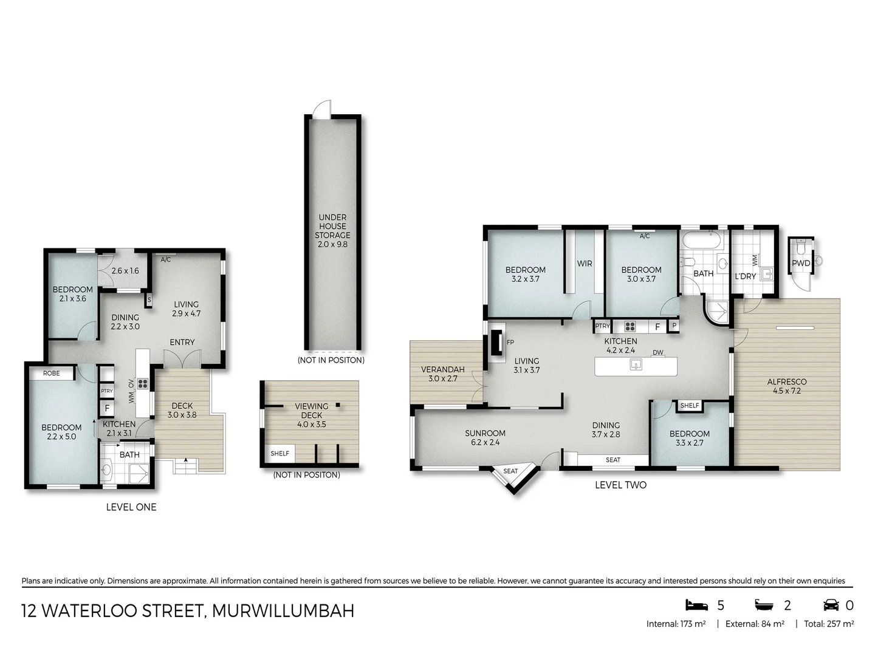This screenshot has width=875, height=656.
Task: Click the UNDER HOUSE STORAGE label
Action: point(332,231)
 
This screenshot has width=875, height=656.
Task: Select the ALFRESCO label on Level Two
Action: point(786,386)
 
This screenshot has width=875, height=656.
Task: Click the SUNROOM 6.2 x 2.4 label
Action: point(485,437)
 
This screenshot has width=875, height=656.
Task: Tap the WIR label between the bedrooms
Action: point(585,264)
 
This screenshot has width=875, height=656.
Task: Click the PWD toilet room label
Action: point(801,263)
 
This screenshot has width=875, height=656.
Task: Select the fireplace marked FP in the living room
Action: point(497,342)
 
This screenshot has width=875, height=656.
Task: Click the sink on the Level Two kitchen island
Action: point(636,364)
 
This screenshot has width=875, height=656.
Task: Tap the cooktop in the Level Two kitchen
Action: point(630,326)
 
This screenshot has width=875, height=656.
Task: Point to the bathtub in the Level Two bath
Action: point(701,240)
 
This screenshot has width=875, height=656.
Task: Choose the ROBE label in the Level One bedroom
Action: point(52,373)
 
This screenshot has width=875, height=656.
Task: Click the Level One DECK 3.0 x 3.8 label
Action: point(182,411)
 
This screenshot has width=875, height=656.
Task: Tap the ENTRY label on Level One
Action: point(182,343)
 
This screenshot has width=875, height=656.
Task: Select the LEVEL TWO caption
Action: point(620,485)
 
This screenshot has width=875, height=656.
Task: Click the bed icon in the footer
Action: point(697,605)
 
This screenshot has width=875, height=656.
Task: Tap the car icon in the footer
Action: point(831,605)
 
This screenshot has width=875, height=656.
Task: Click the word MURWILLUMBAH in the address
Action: point(283,610)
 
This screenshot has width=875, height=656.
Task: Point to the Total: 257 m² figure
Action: point(829,624)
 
